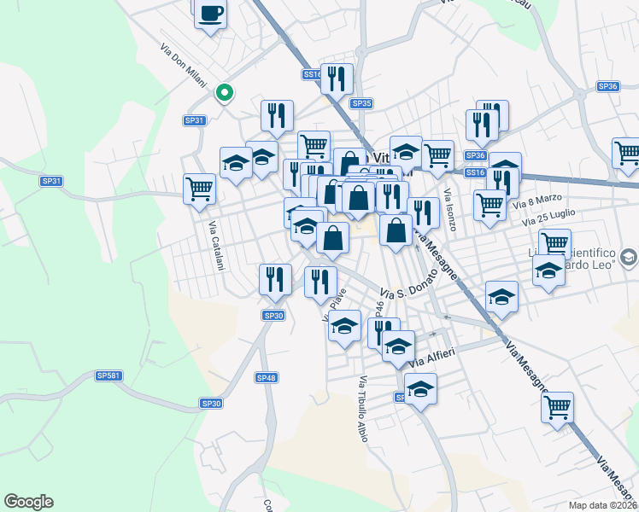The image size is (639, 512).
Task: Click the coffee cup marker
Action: click(210, 14)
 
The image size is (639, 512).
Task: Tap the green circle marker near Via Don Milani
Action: click(225, 92)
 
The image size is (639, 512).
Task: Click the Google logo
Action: click(28, 502)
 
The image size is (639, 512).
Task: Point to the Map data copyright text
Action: click(603, 503)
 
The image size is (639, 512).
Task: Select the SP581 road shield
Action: click(108, 375)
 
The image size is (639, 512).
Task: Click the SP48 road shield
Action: click(267, 377)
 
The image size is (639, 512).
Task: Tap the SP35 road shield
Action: click(361, 103)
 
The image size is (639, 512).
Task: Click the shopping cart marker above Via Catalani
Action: click(200, 188)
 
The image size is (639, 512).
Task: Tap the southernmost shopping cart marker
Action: click(557, 405)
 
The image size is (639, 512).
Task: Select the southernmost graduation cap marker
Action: click(419, 388)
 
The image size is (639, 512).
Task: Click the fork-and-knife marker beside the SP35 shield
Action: click(337, 78)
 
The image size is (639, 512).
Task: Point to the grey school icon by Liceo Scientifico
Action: click(629, 256)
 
